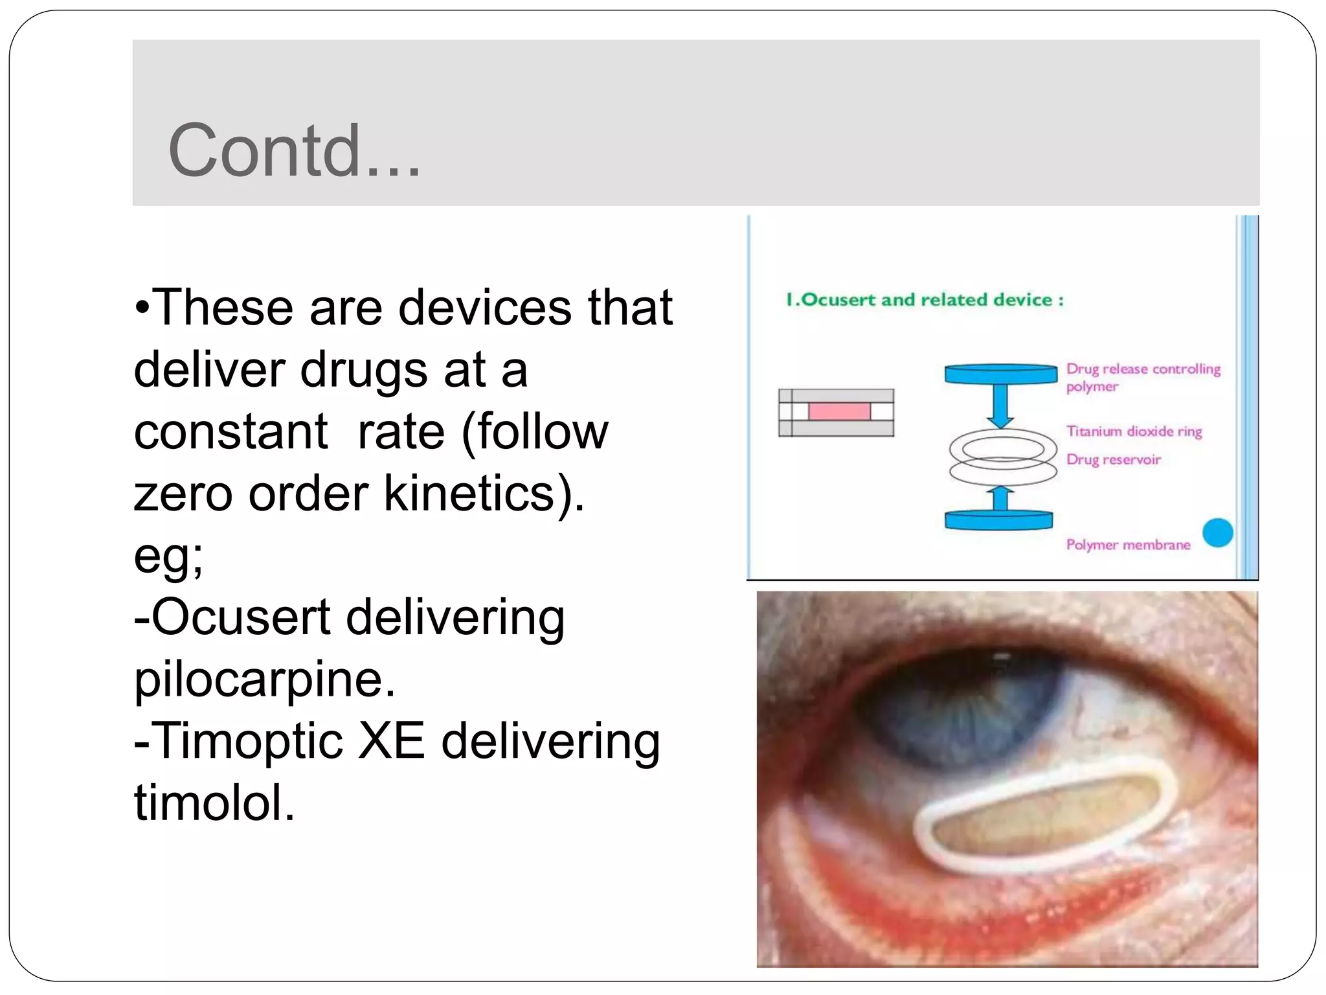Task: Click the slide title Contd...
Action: (295, 150)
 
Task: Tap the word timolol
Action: (214, 803)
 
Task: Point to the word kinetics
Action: (476, 494)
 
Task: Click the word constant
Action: (230, 431)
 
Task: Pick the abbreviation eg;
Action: (168, 555)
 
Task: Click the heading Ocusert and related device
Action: (925, 300)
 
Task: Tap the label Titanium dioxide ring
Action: (1134, 431)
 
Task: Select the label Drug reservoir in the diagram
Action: (1114, 460)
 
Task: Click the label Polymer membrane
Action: (1128, 545)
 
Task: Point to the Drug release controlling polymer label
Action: (1143, 377)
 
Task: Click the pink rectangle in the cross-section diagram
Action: (839, 412)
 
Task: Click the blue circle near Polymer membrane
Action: (1217, 533)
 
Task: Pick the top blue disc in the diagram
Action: (1001, 374)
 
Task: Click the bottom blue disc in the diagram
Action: (998, 520)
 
